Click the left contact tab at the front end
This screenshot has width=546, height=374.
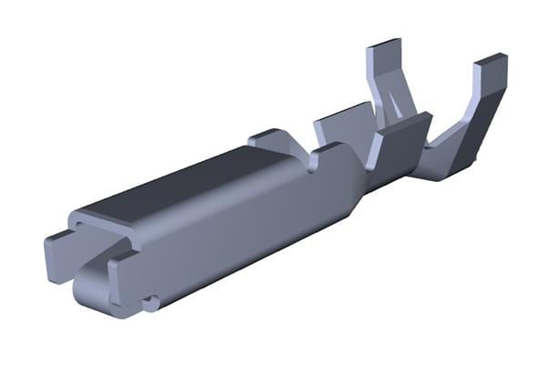[x=60, y=246]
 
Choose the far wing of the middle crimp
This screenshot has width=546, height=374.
[x=342, y=122]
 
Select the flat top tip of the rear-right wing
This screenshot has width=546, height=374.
[x=491, y=60]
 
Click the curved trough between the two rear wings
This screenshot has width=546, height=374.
[x=428, y=150]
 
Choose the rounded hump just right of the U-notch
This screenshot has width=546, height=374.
[x=335, y=155]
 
